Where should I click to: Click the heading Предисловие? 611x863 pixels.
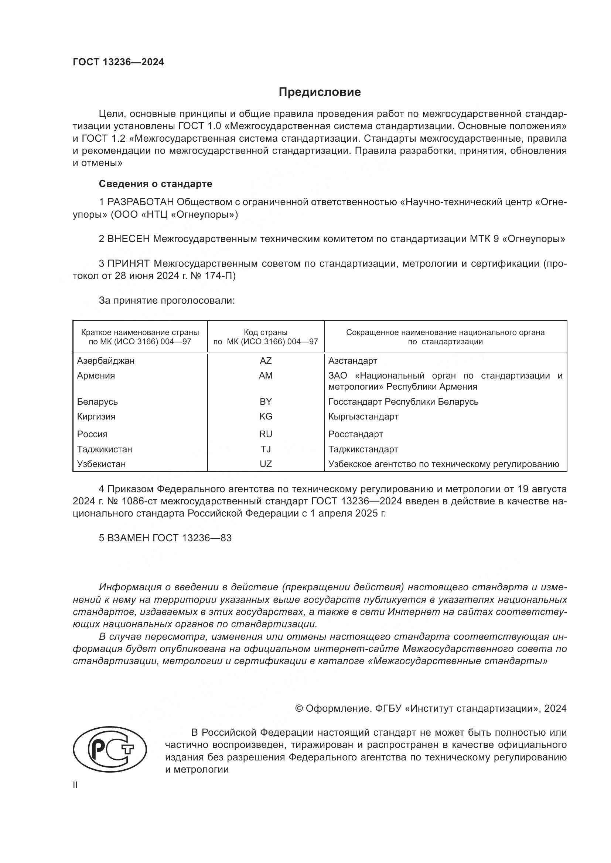(x=320, y=92)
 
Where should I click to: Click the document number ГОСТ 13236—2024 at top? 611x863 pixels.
(x=118, y=62)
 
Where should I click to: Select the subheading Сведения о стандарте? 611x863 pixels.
(x=156, y=184)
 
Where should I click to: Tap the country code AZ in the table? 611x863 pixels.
(x=266, y=361)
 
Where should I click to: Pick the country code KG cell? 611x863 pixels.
(x=266, y=417)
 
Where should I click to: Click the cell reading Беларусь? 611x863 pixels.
(x=98, y=402)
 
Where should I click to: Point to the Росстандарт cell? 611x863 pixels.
(x=355, y=434)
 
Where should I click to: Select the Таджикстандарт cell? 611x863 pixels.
(x=363, y=449)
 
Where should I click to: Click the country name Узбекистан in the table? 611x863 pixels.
(x=101, y=464)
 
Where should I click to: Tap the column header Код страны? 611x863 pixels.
(x=266, y=332)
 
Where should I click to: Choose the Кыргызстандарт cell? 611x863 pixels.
(x=363, y=417)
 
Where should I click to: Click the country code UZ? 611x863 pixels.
(x=266, y=464)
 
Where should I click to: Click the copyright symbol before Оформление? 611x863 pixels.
(x=299, y=708)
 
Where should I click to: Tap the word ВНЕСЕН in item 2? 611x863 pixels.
(x=128, y=239)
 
